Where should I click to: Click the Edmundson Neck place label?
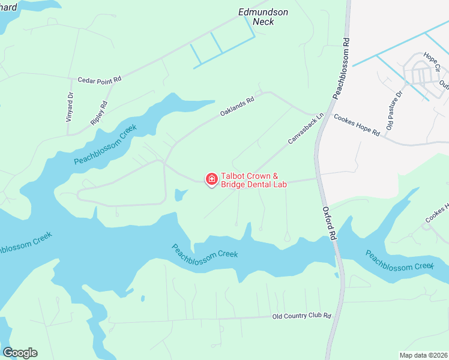[263, 17]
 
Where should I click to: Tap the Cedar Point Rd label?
[100, 79]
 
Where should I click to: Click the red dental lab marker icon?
[211, 179]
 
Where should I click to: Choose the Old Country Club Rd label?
[301, 316]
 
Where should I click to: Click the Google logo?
[20, 353]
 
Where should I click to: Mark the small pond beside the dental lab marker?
[179, 195]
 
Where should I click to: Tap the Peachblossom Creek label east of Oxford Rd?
[399, 261]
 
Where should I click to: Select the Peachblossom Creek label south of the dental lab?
[205, 251]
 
